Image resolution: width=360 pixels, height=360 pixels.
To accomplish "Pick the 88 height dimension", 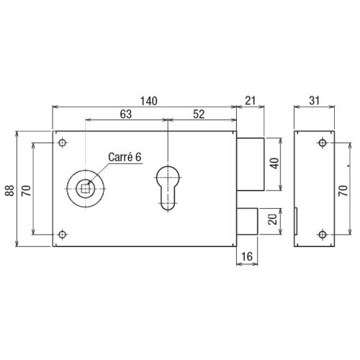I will point(10,189).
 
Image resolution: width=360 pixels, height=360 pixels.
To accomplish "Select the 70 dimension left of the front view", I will point(27,189).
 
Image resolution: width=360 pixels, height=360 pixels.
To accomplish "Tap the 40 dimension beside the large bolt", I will point(274,163).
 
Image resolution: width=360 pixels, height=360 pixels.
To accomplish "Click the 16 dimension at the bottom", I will point(247,257).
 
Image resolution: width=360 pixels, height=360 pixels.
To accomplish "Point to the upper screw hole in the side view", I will point(322,144).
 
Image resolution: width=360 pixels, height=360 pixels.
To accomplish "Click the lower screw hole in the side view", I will point(322,233).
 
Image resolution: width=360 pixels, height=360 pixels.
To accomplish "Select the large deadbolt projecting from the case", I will point(251,163).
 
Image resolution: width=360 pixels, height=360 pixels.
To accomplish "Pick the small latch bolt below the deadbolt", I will point(248,220).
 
